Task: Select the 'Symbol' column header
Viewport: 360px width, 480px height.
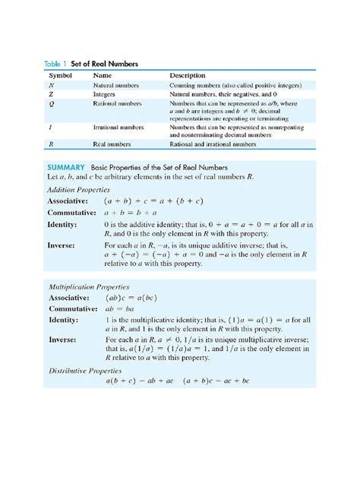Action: (62, 76)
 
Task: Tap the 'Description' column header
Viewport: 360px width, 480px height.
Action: (187, 76)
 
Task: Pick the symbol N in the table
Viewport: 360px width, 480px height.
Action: (51, 87)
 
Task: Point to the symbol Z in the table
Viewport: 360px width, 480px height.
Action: (51, 95)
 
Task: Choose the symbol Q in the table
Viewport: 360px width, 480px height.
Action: (51, 104)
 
